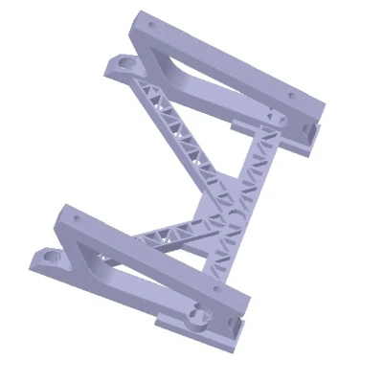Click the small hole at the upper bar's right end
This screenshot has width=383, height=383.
295,94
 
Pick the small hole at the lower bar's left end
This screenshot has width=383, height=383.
72,219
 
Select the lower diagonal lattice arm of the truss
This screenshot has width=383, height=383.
172,231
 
